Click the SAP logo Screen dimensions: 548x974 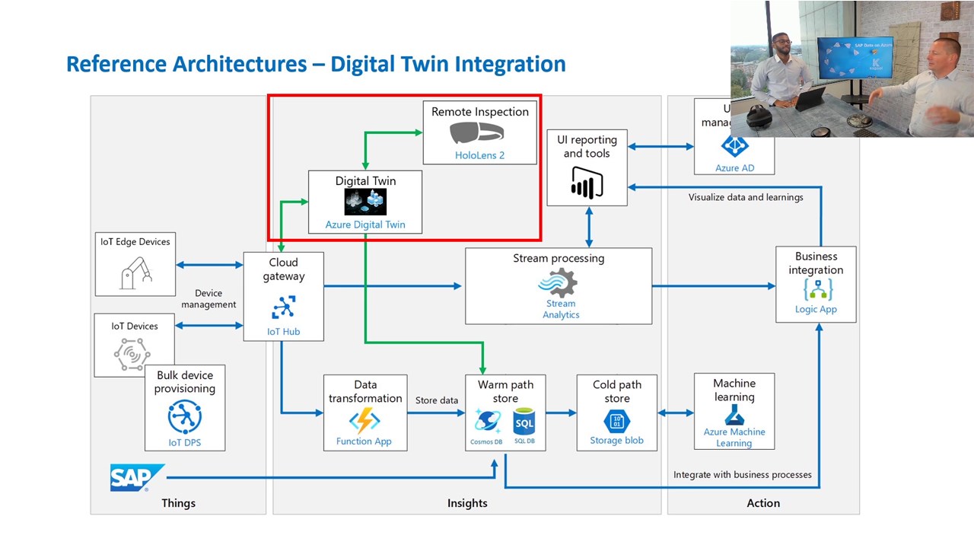coord(137,478)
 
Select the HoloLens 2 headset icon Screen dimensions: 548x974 coord(476,133)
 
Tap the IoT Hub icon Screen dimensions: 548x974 coord(283,307)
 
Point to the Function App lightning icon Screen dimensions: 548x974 coord(364,421)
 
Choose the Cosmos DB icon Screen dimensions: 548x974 coord(487,421)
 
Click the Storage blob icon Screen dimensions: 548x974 coord(616,421)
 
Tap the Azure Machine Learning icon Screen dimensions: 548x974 coord(734,415)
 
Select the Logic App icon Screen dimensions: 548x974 coord(817,289)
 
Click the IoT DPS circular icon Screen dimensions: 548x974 coord(185,416)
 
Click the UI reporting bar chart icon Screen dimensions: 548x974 coord(587,183)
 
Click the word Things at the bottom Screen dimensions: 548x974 coord(178,503)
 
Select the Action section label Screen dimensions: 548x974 coord(763,503)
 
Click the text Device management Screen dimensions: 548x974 coord(208,298)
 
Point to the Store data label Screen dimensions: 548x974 coord(437,400)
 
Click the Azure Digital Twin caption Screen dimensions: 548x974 coord(365,225)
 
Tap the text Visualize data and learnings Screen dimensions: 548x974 coord(746,197)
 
